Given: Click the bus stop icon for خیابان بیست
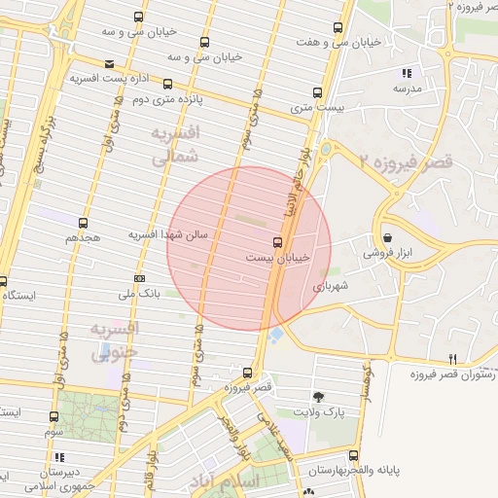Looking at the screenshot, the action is tap(278, 242).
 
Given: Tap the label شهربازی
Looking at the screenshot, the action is tap(330, 287).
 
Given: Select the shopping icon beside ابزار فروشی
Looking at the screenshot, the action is tap(387, 237).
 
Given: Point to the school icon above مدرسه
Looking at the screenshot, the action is tap(407, 73).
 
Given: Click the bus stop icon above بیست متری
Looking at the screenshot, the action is tap(317, 92).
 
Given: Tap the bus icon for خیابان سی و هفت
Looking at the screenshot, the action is tap(338, 27).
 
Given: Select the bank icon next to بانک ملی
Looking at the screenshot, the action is tap(139, 278).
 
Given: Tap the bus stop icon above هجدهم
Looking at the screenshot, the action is tap(83, 223).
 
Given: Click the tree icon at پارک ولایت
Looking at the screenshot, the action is tap(318, 396).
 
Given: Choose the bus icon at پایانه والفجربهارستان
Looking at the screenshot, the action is tap(353, 455).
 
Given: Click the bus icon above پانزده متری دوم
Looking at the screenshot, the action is tap(169, 84).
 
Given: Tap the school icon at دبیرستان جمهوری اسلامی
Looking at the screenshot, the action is tap(59, 456).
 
